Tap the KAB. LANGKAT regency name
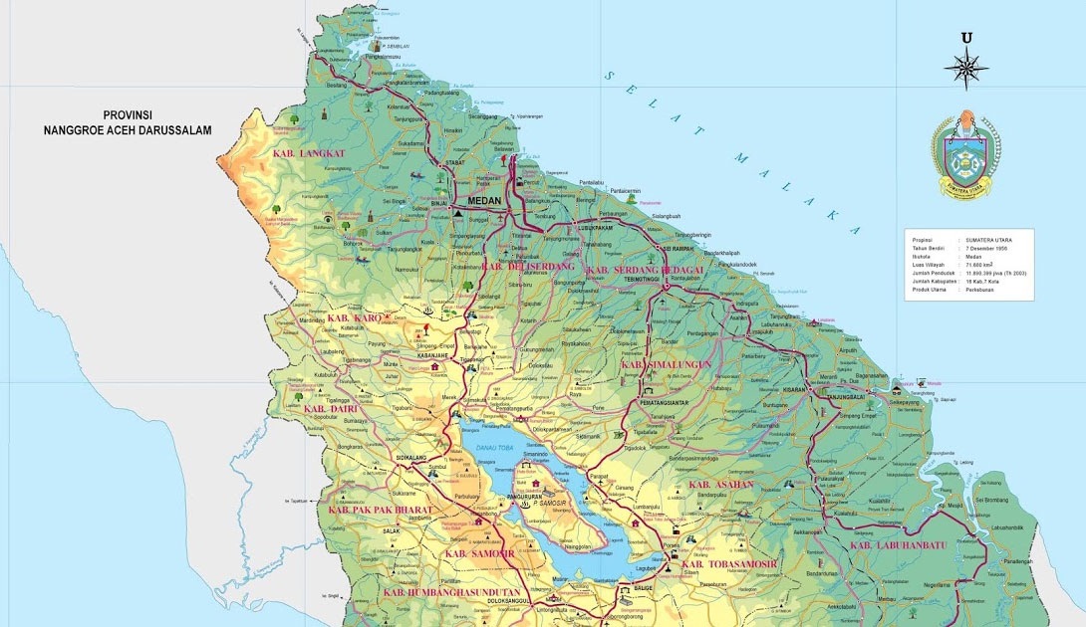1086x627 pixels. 308,154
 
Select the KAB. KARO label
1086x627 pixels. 355,318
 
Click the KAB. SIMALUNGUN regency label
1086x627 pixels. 667,365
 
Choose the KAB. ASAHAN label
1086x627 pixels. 720,485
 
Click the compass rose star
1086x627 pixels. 965,69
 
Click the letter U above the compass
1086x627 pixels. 965,39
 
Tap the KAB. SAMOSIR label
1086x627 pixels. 480,553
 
